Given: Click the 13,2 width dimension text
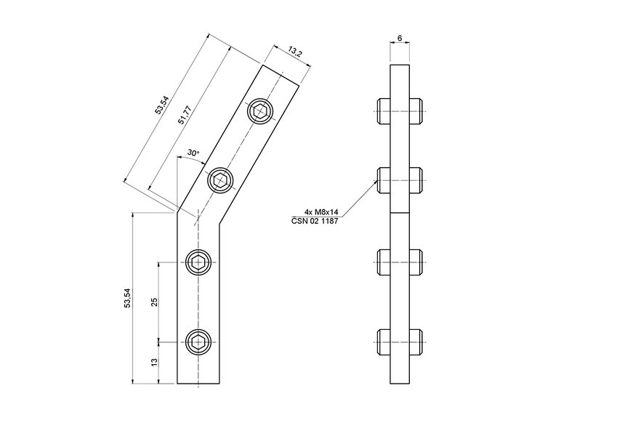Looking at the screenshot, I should pos(294,52).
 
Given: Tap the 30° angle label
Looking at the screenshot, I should pos(192,153).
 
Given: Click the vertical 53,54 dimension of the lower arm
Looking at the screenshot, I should pos(127,298).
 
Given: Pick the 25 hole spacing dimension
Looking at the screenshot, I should pos(153,302).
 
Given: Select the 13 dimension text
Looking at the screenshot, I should pos(153,362).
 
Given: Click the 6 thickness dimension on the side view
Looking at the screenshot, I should pos(400,37).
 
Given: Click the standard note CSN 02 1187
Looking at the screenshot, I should pos(316,222).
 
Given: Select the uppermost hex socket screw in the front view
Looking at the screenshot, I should pos(261,112).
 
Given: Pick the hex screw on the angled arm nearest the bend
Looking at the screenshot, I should pos(221,180).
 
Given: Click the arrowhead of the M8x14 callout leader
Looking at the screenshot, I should pos(376,183).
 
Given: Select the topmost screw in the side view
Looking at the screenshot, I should pos(400,113).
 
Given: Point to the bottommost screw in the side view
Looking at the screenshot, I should pos(400,341).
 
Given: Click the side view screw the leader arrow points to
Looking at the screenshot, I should pos(400,180).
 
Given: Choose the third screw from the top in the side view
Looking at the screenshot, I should pos(400,262).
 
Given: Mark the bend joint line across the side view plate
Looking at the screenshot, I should pos(400,213).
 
